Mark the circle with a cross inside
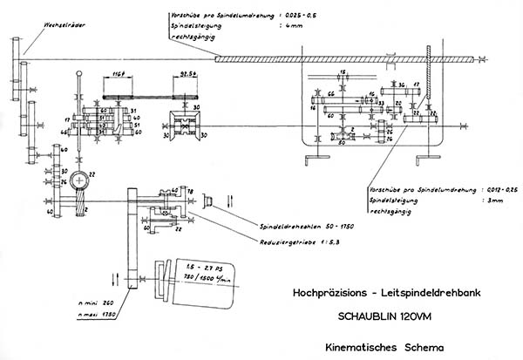tap(80, 180)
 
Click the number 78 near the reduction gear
tap(189, 190)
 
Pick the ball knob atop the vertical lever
tap(82, 75)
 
